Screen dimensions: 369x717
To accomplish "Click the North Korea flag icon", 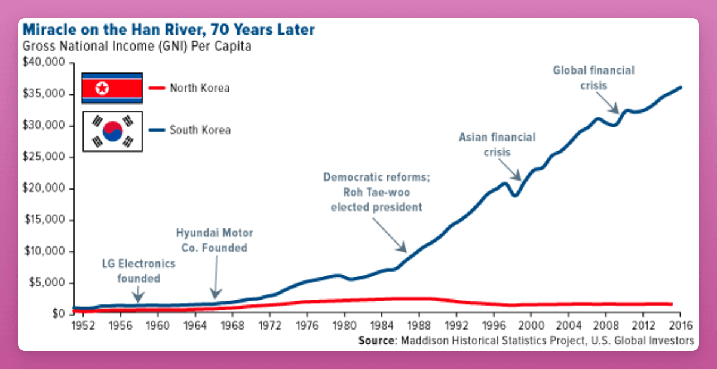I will tap(112, 89).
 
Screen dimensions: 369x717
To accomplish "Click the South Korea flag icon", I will tap(112, 130).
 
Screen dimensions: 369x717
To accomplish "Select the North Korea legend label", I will tap(200, 89).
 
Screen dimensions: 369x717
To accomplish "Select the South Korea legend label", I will tap(200, 130).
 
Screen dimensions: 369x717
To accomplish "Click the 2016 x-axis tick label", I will tap(679, 326).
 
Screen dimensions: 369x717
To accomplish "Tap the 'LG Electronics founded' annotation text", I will tap(138, 271).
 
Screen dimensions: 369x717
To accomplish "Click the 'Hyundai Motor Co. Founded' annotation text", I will tap(215, 240).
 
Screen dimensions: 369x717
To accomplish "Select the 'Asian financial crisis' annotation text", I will tap(497, 145).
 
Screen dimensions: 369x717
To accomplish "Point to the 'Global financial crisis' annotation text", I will tap(593, 78).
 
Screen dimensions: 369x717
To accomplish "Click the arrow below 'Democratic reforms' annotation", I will tap(390, 235).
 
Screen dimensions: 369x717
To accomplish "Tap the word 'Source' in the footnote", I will tap(376, 341).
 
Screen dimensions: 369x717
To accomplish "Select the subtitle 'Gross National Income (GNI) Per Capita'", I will tap(136, 47).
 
